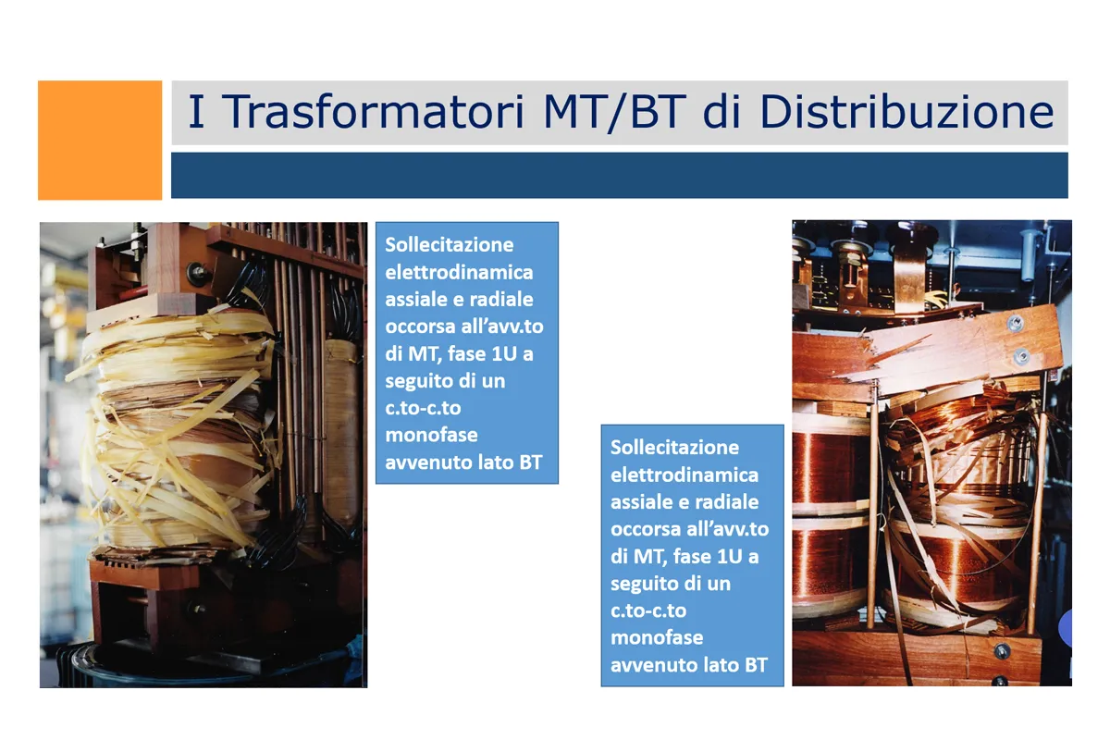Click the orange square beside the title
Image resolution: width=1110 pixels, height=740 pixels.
pyautogui.click(x=100, y=141)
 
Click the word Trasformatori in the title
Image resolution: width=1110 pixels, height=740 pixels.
pyautogui.click(x=373, y=111)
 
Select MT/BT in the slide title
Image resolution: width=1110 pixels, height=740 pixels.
pyautogui.click(x=614, y=112)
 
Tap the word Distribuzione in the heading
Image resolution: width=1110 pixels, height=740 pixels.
pyautogui.click(x=906, y=111)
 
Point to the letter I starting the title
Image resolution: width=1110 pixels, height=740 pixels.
pyautogui.click(x=196, y=112)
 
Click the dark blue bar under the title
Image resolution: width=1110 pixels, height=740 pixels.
pyautogui.click(x=620, y=176)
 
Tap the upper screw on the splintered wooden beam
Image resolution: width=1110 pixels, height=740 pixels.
pyautogui.click(x=1015, y=323)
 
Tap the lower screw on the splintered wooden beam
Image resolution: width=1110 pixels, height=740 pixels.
pyautogui.click(x=1021, y=356)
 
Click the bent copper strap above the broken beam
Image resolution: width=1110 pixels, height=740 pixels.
pyautogui.click(x=910, y=277)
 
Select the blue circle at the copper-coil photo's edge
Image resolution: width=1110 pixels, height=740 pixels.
pyautogui.click(x=1066, y=627)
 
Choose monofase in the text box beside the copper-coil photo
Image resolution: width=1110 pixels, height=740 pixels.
pyautogui.click(x=657, y=637)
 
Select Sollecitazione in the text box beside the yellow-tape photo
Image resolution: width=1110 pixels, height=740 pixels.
pyautogui.click(x=449, y=245)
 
